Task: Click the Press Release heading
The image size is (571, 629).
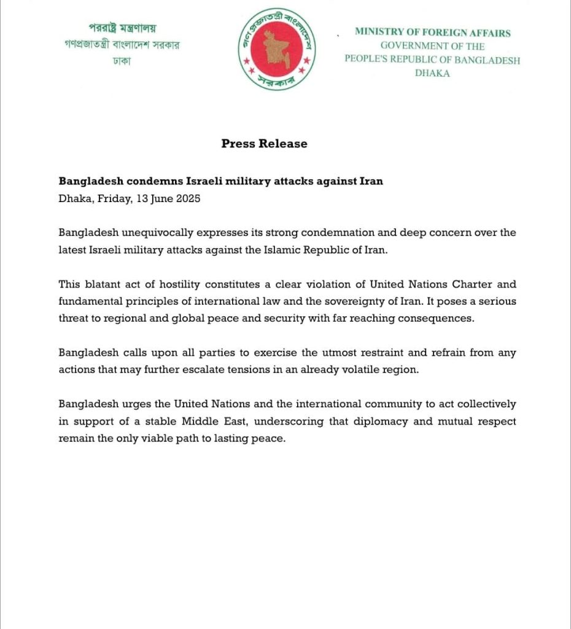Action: [x=264, y=144]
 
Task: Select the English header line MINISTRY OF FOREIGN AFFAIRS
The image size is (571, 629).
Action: [x=432, y=33]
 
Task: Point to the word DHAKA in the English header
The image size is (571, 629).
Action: [x=432, y=73]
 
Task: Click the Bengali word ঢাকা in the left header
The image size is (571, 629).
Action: [x=122, y=61]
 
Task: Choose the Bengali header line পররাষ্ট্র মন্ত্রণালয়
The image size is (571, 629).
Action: [x=122, y=28]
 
